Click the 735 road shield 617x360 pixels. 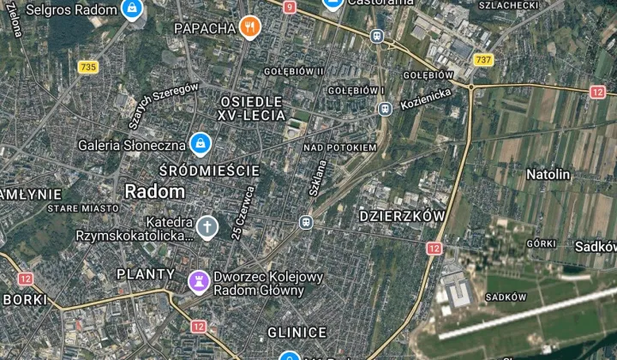87,67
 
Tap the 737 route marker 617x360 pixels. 483,60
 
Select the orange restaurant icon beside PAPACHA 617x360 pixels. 249,28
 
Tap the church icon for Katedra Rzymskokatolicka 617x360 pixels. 207,227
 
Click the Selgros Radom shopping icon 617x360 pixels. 131,9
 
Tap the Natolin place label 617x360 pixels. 548,174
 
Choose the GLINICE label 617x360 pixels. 297,333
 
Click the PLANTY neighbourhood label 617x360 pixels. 146,275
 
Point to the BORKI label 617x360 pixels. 26,299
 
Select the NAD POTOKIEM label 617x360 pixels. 340,147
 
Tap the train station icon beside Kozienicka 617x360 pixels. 385,109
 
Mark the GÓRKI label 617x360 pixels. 542,243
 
